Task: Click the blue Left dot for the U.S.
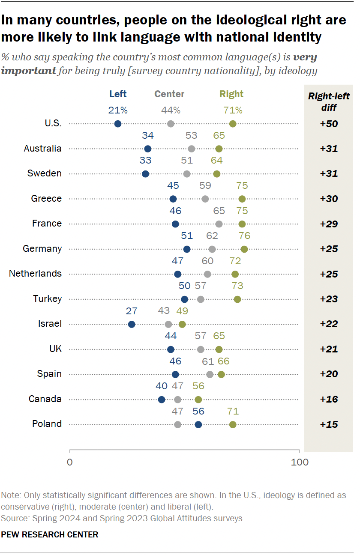(118, 124)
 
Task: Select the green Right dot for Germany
(244, 249)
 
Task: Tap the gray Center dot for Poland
(178, 424)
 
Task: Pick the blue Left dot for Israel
(132, 324)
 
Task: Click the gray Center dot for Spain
(210, 374)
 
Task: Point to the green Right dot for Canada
(198, 400)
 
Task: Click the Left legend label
(118, 94)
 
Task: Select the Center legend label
(169, 94)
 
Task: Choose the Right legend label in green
(231, 94)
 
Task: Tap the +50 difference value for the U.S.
(329, 124)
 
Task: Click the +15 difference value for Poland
(329, 424)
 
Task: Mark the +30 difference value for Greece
(329, 199)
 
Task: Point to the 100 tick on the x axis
(300, 462)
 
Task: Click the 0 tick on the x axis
(69, 462)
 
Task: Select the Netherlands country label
(35, 274)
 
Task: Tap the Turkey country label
(47, 299)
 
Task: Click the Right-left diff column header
(329, 101)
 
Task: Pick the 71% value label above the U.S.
(233, 110)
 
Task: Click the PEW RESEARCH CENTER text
(50, 534)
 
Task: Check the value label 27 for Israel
(132, 311)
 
